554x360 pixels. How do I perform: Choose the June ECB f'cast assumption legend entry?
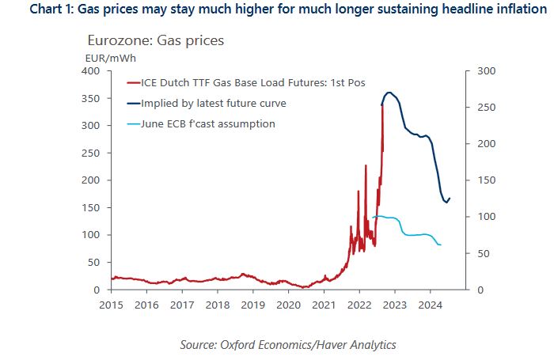207,123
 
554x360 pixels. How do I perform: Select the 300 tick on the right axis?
484,71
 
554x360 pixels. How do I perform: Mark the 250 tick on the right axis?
484,108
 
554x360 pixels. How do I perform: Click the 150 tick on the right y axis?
484,180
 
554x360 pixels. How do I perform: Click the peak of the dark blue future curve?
389,93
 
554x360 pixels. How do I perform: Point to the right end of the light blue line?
440,244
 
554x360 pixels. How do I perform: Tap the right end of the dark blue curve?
450,198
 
